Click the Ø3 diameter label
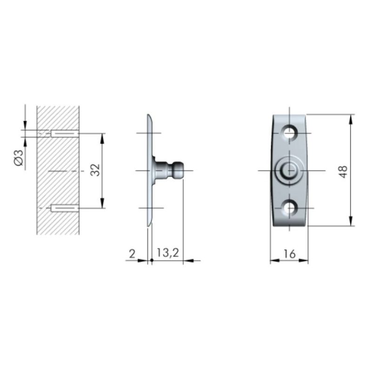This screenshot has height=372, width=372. (x=19, y=158)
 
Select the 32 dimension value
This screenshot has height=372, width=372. (x=96, y=170)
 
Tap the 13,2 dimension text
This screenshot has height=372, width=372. (x=168, y=253)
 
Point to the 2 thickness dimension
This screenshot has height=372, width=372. (x=132, y=254)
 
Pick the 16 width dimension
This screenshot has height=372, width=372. (x=289, y=254)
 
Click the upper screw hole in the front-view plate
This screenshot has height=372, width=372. (x=289, y=133)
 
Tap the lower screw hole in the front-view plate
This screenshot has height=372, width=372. (x=289, y=208)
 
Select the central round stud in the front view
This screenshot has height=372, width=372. (x=289, y=170)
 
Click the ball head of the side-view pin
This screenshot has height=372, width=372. (x=178, y=170)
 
